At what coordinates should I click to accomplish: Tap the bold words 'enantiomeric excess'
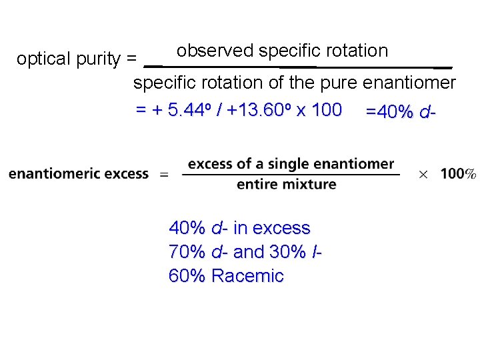(79, 174)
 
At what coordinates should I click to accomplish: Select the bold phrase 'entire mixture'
(286, 184)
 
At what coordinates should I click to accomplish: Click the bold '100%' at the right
(458, 174)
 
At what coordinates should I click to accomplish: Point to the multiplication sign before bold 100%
(423, 174)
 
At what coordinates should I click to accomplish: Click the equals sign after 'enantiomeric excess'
(164, 174)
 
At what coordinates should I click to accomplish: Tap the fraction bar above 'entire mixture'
(291, 174)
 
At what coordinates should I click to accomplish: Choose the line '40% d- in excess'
(239, 228)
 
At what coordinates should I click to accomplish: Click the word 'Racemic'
(247, 276)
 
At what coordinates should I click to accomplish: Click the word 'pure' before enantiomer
(339, 83)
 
